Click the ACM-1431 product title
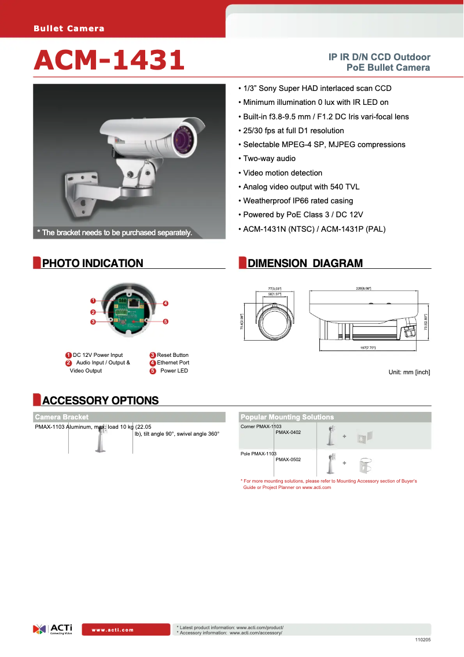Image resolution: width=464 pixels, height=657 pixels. coord(109,61)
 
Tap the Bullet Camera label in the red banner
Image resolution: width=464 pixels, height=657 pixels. coord(69,28)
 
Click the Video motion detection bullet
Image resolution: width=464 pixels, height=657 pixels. coord(282,173)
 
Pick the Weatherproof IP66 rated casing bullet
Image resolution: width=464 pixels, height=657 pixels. coord(297,200)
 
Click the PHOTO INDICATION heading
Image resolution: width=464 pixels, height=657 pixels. coord(93,264)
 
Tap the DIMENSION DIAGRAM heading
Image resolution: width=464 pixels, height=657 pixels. coord(305,264)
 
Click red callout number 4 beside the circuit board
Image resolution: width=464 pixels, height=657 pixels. coord(165,304)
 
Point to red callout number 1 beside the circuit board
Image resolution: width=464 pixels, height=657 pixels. coord(93,301)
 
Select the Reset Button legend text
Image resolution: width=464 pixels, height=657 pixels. coord(172,355)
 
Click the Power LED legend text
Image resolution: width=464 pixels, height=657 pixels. coord(174,371)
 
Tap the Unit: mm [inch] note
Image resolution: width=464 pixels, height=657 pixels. coord(409,372)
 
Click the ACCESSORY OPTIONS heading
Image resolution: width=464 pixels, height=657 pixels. coord(100,400)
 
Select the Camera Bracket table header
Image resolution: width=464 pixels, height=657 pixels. coord(62,417)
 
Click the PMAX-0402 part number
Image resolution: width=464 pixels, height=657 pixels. coord(288,432)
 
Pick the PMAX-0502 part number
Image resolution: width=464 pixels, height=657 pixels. coord(288,459)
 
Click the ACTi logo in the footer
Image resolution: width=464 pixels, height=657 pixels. coord(53,629)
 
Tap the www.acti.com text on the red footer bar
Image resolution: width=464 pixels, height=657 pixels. coord(112,630)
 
